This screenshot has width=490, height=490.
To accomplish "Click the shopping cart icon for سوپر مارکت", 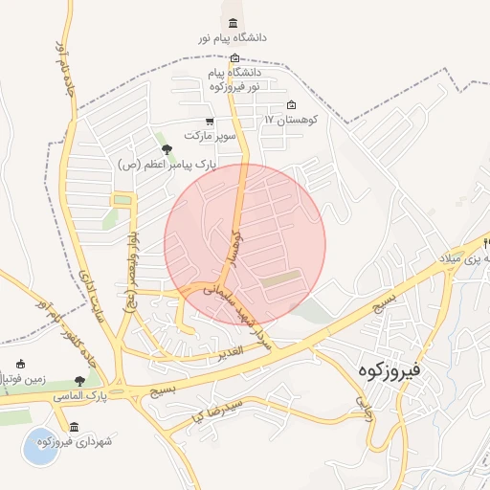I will tap(209, 122).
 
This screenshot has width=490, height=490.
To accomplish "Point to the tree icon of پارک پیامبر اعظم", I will tap(167, 149).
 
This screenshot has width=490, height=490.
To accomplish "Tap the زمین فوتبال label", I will tap(17, 380).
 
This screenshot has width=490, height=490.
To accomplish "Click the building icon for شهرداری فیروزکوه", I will tap(75, 427).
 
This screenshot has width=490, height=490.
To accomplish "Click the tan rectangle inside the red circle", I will tap(281, 278).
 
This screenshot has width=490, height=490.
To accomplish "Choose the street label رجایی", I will tap(363, 409).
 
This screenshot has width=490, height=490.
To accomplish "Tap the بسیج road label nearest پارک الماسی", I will tap(162, 390).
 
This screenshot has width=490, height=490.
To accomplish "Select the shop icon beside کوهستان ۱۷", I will tap(292, 105).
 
